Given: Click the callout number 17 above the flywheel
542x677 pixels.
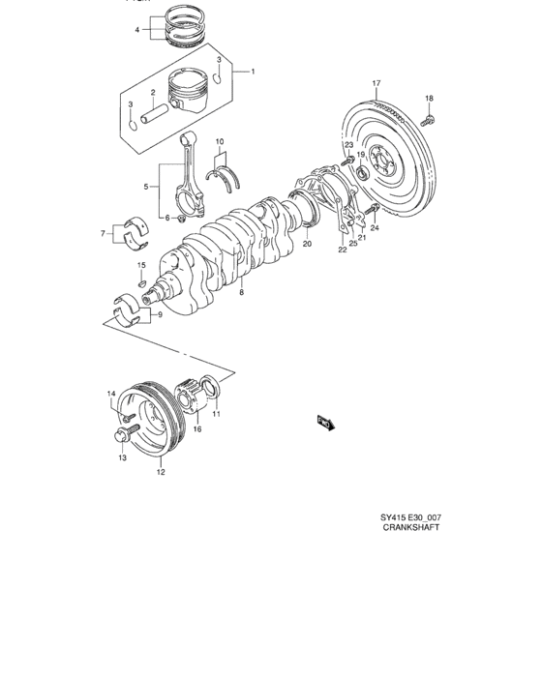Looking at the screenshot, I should [x=376, y=83].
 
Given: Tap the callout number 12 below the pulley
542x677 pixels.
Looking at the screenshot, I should [x=161, y=473].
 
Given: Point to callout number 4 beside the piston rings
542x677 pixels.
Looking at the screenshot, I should [x=137, y=30].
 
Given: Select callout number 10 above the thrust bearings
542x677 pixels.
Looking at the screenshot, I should [x=221, y=142].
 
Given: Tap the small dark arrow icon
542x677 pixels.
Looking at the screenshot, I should [x=323, y=422].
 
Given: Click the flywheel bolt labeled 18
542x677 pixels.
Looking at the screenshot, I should [x=429, y=119].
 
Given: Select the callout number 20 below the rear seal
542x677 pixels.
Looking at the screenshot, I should [x=307, y=245].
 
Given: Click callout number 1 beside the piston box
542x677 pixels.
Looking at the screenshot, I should [x=254, y=72].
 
